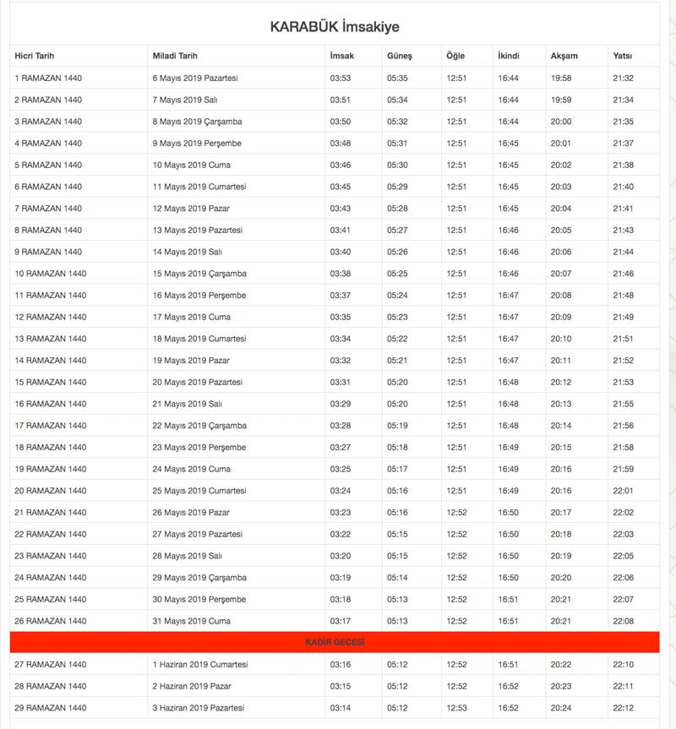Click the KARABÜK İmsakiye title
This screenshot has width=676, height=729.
tap(335, 27)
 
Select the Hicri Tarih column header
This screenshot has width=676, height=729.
tap(35, 57)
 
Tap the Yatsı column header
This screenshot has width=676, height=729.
tap(622, 57)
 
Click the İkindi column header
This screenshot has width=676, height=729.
tap(509, 57)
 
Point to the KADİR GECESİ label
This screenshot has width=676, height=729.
tap(335, 643)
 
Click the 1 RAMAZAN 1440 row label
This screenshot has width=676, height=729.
tap(48, 79)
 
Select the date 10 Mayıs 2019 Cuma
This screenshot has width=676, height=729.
tap(191, 166)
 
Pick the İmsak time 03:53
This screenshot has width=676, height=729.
tap(341, 79)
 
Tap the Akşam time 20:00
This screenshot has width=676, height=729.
tap(561, 122)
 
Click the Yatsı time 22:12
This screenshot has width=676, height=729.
tap(624, 708)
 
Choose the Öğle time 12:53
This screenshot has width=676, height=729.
tap(456, 708)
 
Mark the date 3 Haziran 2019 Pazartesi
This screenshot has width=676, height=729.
tap(198, 708)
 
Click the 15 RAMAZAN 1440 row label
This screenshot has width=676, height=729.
tap(51, 383)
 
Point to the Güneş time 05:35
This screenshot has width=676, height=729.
tap(397, 79)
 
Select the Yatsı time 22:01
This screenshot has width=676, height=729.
tap(624, 491)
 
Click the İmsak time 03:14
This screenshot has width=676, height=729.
tap(341, 708)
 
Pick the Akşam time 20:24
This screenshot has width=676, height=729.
tap(561, 708)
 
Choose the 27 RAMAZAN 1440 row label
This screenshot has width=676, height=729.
tap(51, 665)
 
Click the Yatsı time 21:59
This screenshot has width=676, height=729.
tap(624, 469)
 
